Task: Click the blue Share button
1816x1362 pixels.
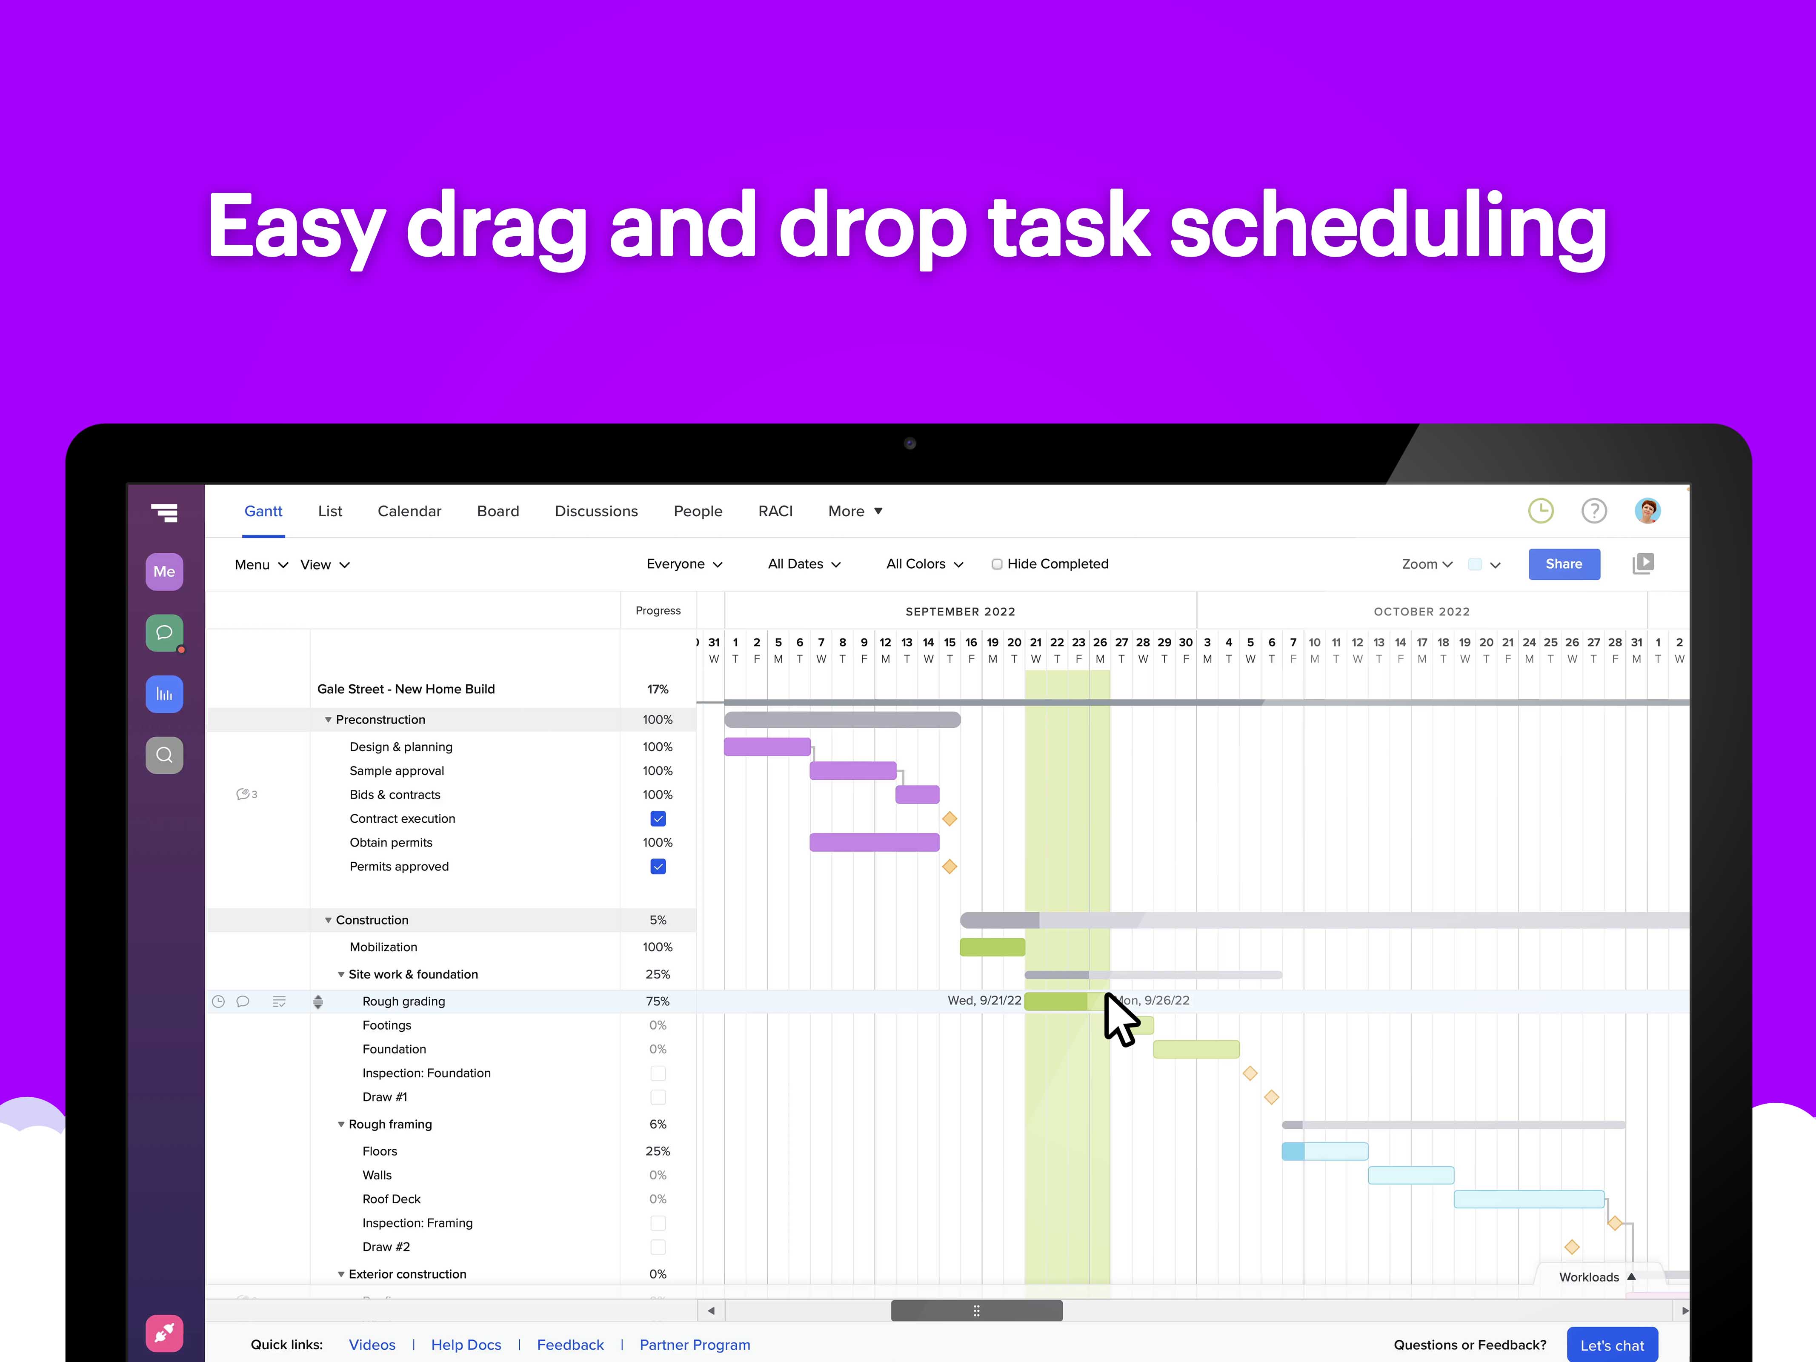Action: coord(1563,564)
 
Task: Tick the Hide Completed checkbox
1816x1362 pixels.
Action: coord(997,564)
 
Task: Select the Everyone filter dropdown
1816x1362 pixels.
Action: coord(684,564)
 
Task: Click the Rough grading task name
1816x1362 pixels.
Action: coord(404,1001)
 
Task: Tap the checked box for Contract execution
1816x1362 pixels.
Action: coord(658,818)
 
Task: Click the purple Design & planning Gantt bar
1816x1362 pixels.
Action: coord(767,746)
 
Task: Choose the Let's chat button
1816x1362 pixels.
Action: coord(1612,1345)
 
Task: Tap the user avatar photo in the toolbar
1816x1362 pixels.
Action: coord(1647,511)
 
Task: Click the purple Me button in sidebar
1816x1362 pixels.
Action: coord(164,571)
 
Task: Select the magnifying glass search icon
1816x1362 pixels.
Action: coord(164,755)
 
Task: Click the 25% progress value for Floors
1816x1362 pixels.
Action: coord(658,1151)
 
